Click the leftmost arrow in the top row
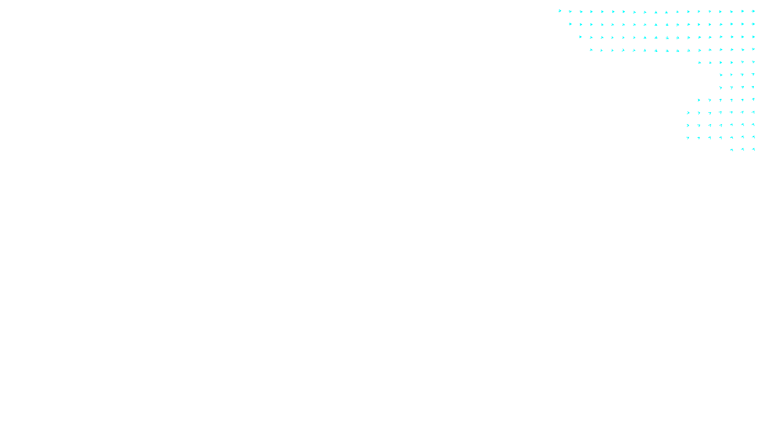(560, 11)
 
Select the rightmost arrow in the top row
(753, 11)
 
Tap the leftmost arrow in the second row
(570, 24)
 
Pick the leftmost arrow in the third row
(581, 37)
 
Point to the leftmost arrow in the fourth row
(591, 50)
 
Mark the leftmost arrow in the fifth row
(699, 62)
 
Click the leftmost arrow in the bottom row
(732, 150)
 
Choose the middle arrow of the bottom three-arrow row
(742, 149)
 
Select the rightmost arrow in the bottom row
(753, 149)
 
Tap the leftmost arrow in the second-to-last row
(688, 138)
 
